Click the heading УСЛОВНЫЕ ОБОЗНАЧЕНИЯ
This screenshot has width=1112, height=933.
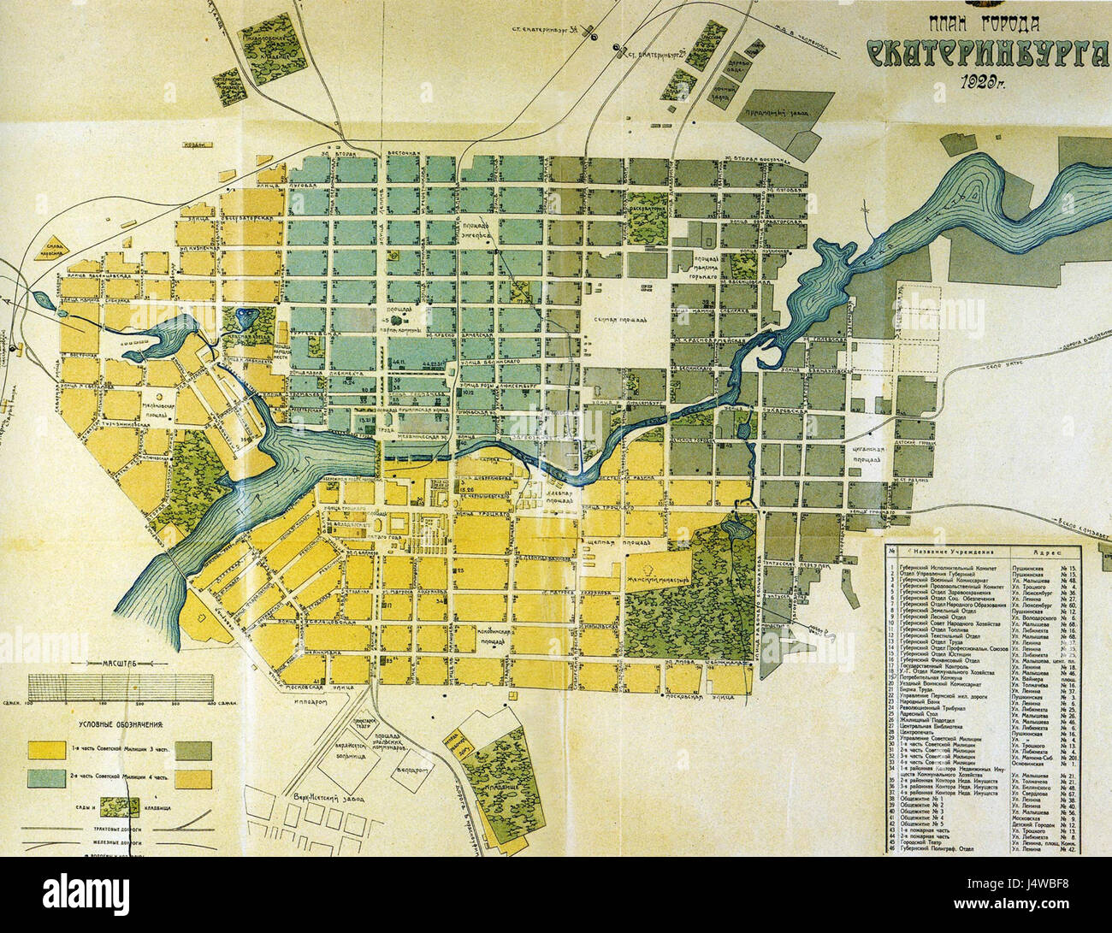click(120, 723)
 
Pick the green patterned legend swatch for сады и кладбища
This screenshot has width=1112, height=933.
click(119, 806)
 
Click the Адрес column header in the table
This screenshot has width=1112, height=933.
click(1047, 552)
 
